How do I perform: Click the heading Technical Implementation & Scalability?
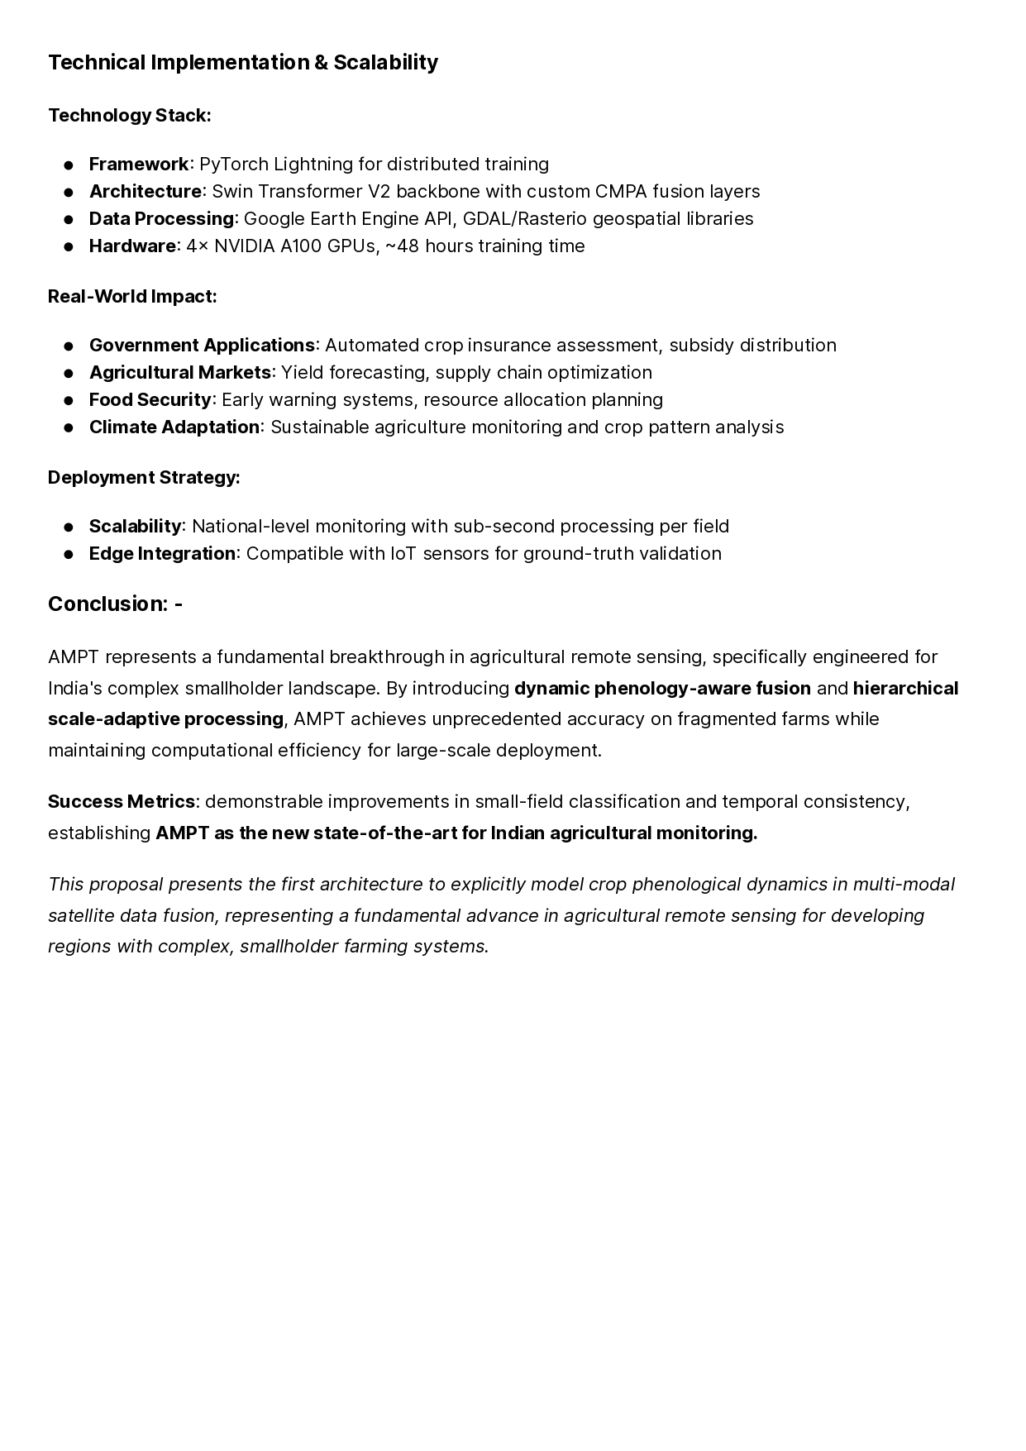(243, 63)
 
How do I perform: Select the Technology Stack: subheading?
(130, 115)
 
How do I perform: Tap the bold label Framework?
(139, 164)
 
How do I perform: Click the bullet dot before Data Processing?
(69, 219)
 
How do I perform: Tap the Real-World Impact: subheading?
(132, 296)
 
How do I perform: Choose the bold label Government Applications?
(202, 345)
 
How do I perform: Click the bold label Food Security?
(150, 399)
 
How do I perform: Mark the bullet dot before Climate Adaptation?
(69, 427)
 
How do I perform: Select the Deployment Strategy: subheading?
(144, 477)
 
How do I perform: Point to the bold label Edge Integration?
(162, 553)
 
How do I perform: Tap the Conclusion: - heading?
(115, 604)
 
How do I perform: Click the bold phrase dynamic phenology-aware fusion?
(662, 688)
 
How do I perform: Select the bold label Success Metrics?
(122, 801)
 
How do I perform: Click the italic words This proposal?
(106, 884)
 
